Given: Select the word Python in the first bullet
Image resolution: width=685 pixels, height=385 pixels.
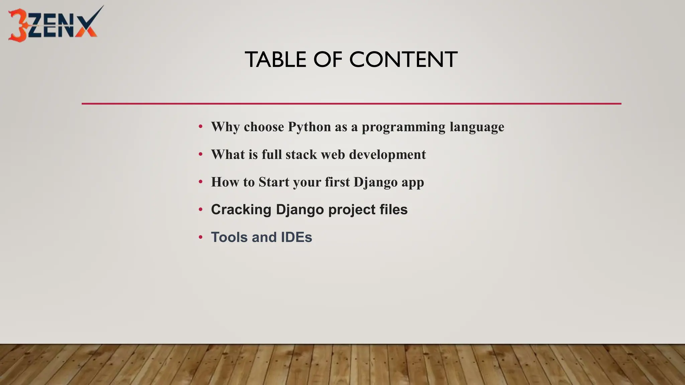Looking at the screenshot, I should tap(309, 127).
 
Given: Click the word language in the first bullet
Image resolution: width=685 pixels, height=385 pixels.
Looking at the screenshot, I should tap(477, 127).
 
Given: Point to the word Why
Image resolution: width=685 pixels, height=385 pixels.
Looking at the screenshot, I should tap(225, 127).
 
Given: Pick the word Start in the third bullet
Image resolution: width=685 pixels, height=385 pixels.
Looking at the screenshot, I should tap(274, 182).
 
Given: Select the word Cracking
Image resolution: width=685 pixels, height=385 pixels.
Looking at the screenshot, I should tap(241, 210).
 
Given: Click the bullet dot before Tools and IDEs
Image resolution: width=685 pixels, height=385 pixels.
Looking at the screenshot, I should tap(201, 237).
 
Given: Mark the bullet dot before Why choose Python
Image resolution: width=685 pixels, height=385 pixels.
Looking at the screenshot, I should tap(201, 127).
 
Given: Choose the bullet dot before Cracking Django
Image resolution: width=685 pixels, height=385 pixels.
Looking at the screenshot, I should tap(201, 210).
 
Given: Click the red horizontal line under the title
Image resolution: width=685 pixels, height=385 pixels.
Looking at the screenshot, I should tap(351, 104).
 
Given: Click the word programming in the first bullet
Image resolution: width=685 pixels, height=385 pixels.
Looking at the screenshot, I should tap(404, 127).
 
